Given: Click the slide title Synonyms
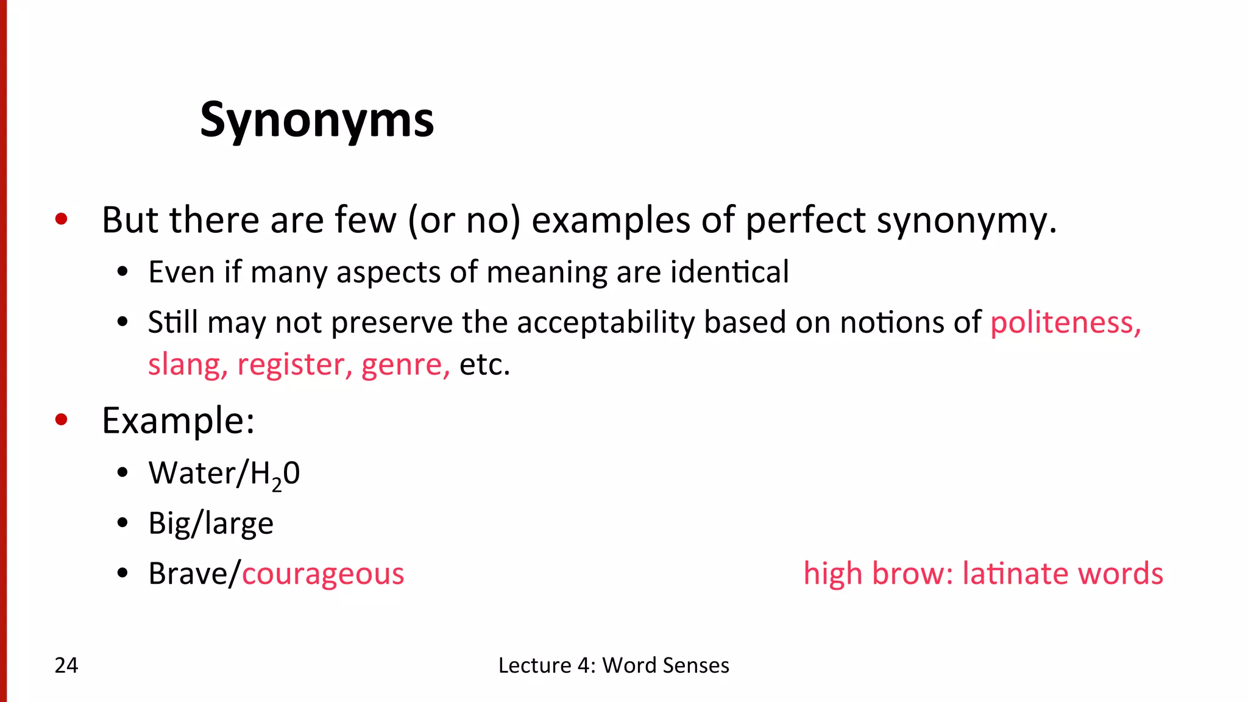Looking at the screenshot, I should (317, 120).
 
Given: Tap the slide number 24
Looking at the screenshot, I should (66, 665).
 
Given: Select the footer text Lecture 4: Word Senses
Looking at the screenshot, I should (614, 665).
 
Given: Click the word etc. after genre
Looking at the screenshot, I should (484, 364).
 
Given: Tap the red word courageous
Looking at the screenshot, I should (323, 573).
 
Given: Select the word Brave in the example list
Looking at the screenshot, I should (190, 573).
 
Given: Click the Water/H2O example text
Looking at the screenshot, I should (224, 473).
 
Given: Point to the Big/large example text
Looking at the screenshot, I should (211, 523).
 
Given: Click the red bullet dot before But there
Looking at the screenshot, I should (61, 219).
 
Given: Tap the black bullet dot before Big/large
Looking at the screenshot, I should (123, 523).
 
